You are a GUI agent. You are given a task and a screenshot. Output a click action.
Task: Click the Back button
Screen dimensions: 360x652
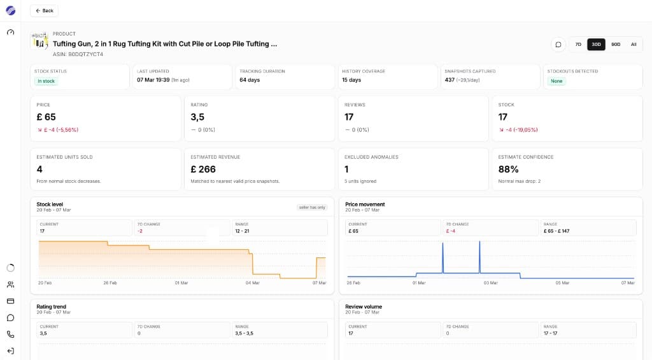click(x=44, y=11)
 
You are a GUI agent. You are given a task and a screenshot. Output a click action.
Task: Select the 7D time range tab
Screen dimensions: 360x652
click(x=578, y=45)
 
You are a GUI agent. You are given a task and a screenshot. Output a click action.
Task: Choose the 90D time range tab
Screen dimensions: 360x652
click(x=616, y=45)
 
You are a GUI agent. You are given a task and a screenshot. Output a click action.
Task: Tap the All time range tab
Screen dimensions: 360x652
click(x=634, y=45)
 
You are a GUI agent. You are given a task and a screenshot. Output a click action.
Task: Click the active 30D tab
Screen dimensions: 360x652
click(x=597, y=45)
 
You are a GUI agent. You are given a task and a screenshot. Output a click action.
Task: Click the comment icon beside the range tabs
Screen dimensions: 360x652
click(x=558, y=45)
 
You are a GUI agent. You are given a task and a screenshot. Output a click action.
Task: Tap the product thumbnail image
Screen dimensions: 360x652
click(x=39, y=41)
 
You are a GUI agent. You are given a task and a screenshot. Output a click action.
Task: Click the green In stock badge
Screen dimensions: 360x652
click(x=46, y=81)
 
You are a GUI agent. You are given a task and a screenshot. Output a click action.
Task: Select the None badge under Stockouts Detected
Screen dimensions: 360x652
click(x=556, y=81)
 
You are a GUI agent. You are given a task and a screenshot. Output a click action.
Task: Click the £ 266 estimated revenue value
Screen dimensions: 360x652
click(x=204, y=169)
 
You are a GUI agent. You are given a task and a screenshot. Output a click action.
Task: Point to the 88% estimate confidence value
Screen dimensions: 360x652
click(x=508, y=169)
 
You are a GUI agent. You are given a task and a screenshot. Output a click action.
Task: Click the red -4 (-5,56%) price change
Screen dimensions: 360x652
click(x=58, y=130)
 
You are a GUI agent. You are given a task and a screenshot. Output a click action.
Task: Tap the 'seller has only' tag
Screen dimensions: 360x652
click(x=312, y=207)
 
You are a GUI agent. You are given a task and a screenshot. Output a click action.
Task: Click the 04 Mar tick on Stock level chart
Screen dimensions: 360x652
click(x=253, y=283)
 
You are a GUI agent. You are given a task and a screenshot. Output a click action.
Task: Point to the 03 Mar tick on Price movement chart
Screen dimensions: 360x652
click(x=490, y=283)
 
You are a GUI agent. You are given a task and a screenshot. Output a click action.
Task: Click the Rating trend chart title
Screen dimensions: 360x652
click(x=52, y=306)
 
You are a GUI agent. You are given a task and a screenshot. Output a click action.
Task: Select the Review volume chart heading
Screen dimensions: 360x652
click(x=364, y=306)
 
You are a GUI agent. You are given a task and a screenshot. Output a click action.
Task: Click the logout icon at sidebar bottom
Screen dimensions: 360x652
click(x=10, y=350)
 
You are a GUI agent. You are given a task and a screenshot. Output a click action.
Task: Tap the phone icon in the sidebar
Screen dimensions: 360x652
click(x=10, y=334)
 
